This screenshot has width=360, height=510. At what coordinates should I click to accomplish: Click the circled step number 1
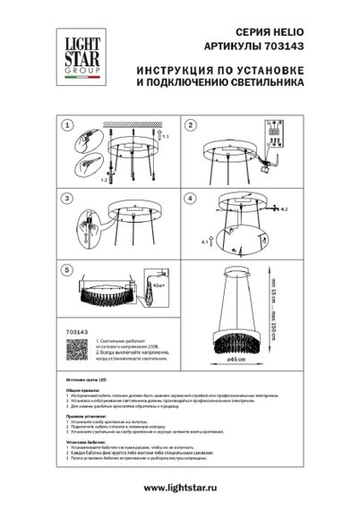(67, 126)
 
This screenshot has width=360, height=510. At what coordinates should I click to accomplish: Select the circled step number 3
(67, 199)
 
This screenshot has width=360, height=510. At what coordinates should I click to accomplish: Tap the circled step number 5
(67, 270)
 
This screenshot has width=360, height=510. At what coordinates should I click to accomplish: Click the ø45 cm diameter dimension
(236, 360)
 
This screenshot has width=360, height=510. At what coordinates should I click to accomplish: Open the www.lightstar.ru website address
(179, 487)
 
